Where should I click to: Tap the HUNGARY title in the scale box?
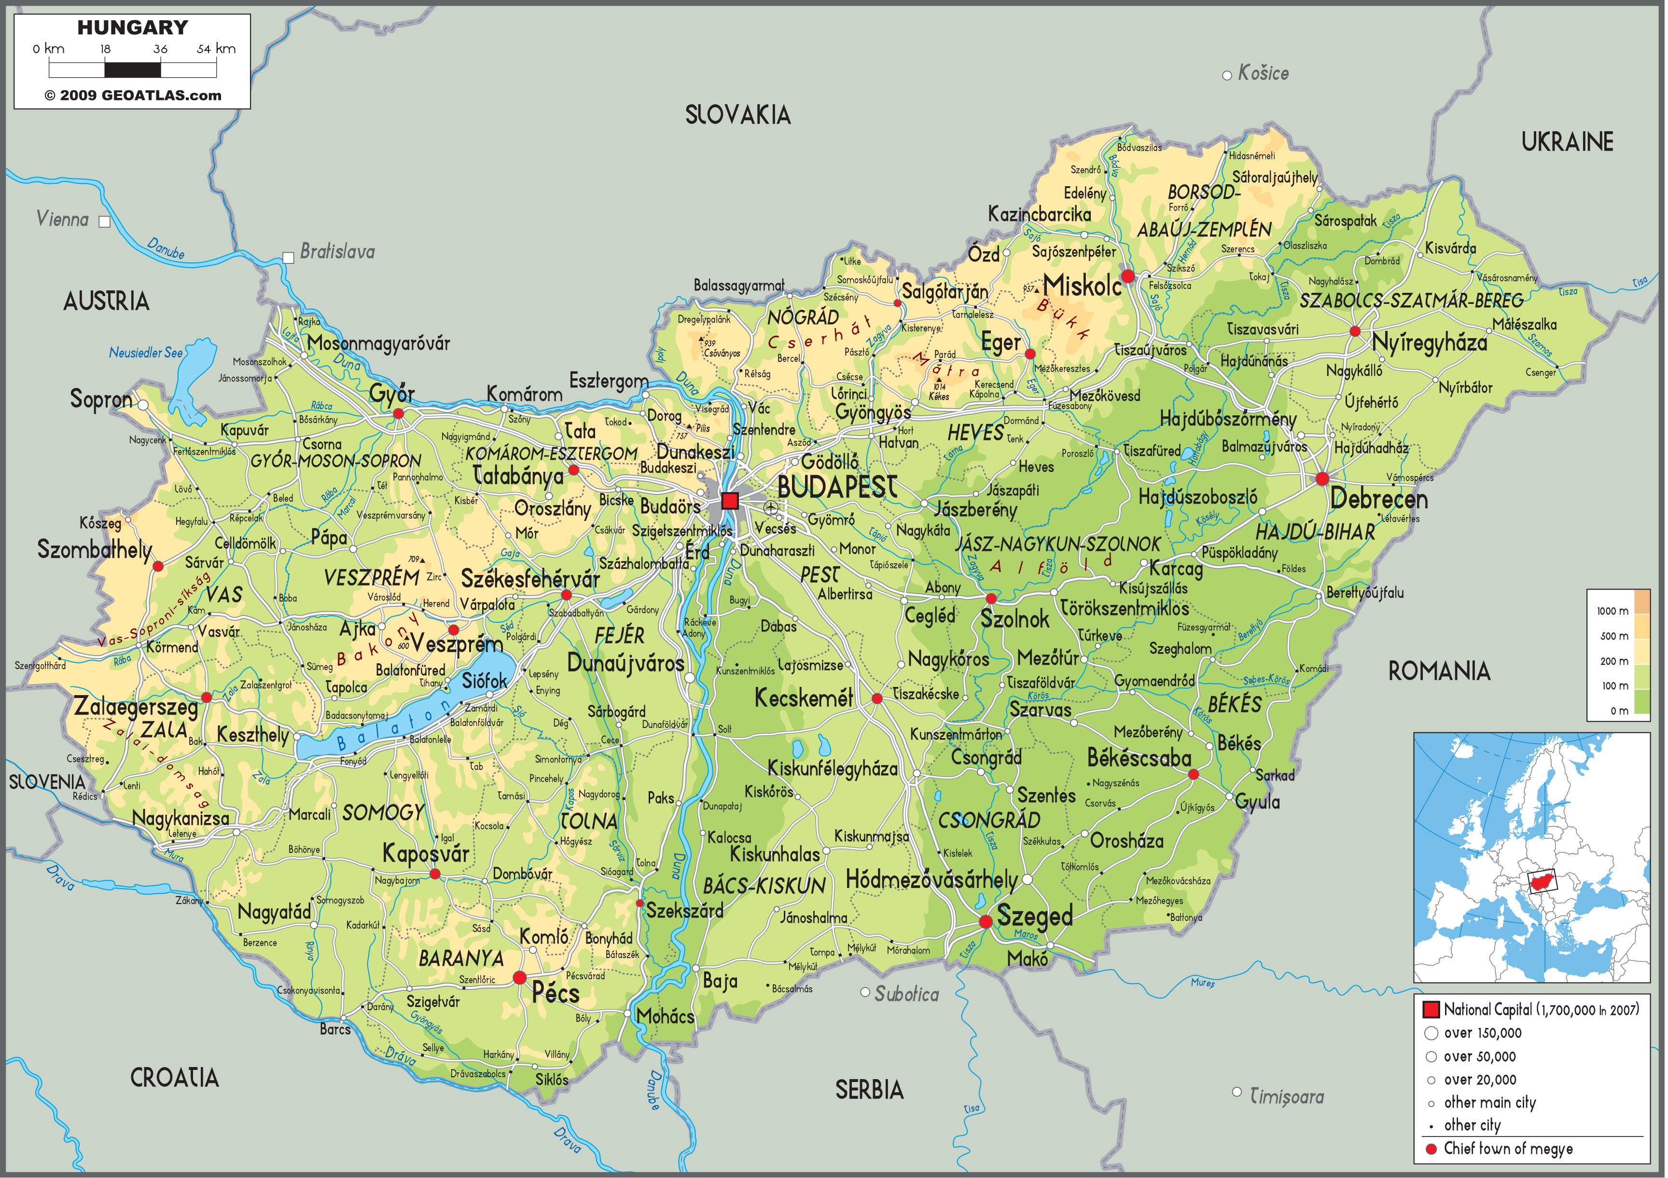point(132,27)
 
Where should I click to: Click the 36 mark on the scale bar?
point(161,49)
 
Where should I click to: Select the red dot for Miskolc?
point(1127,276)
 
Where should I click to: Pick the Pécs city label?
point(556,993)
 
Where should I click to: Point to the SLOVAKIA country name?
point(737,115)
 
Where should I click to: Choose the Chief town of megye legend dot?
point(1431,1149)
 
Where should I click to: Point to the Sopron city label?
point(101,399)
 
